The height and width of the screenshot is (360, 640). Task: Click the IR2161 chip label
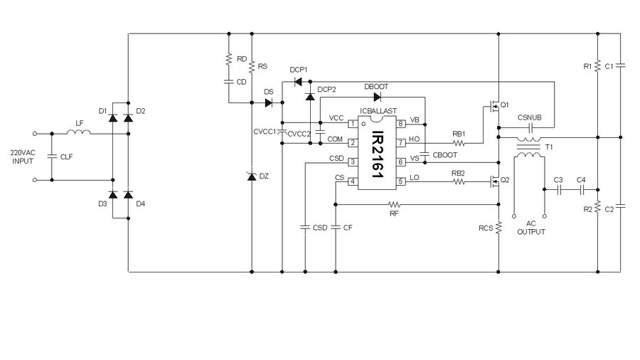tap(377, 153)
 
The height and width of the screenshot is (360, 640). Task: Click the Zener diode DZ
tap(252, 175)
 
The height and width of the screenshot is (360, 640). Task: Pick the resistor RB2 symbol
tap(459, 181)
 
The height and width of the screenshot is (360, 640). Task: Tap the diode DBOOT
tap(376, 97)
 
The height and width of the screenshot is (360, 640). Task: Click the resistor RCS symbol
tap(499, 227)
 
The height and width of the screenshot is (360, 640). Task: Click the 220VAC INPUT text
tap(22, 157)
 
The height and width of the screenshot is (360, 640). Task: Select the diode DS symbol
tap(268, 102)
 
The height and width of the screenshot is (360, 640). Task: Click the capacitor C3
tap(559, 190)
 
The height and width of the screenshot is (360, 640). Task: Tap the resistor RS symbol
tap(252, 66)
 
